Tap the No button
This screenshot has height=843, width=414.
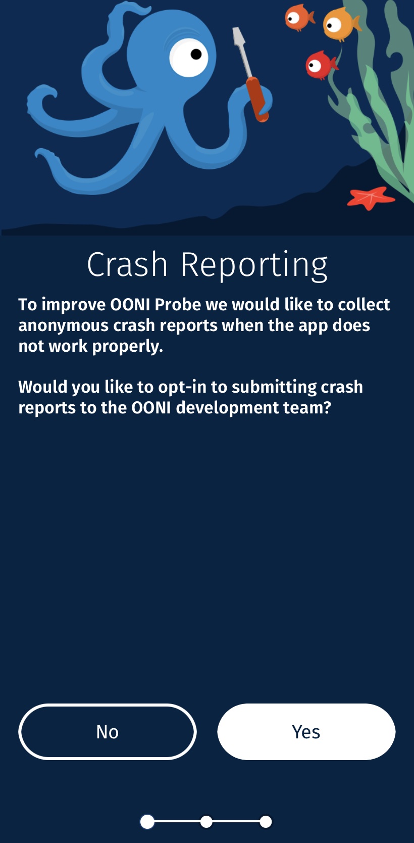pos(108,732)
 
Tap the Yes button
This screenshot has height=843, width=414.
pos(306,732)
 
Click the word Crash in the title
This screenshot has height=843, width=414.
pos(127,264)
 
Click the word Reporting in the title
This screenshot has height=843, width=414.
pos(254,266)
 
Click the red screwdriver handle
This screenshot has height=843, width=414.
pos(257,99)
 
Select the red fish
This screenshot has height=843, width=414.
pos(321,65)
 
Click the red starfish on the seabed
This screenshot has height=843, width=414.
pos(371,198)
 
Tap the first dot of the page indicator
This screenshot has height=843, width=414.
pos(147,822)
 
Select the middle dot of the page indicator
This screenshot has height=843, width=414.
pos(206,822)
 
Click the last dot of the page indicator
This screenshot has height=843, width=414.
pos(266,822)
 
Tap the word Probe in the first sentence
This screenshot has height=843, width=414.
pos(178,304)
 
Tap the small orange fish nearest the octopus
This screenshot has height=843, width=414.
pos(299,17)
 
